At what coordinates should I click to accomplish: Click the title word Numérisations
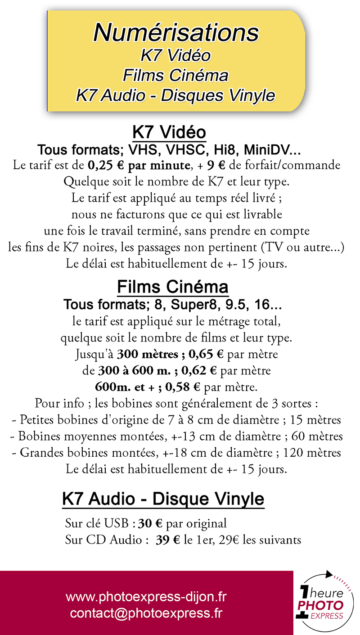click(176, 33)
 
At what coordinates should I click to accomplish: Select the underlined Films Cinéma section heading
click(173, 287)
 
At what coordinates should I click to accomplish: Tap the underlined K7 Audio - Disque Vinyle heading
click(163, 499)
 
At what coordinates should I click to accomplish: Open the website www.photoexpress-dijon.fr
click(146, 597)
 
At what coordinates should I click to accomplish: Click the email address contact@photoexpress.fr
click(146, 613)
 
